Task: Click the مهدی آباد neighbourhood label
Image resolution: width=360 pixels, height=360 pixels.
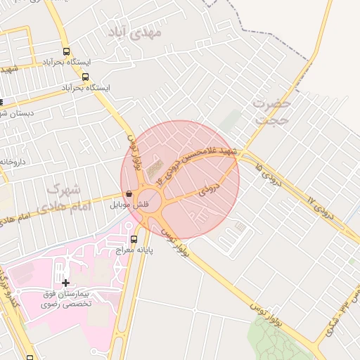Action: [x=136, y=32]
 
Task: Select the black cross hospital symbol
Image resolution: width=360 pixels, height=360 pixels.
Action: [x=65, y=283]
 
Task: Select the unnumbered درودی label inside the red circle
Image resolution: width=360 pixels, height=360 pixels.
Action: [x=210, y=190]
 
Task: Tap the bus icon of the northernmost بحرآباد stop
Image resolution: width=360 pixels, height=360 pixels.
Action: [x=67, y=51]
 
